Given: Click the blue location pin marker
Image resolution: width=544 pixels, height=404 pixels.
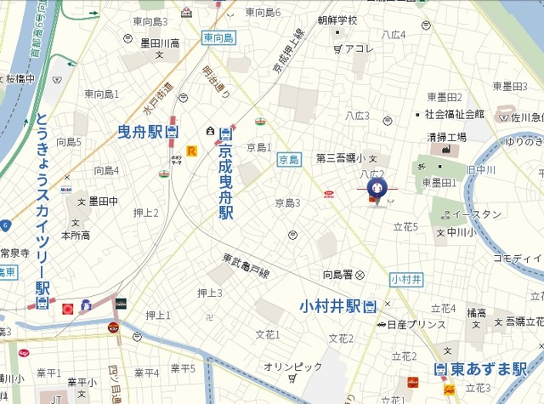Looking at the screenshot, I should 375,189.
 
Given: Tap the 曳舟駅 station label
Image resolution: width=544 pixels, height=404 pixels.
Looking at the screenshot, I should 140,132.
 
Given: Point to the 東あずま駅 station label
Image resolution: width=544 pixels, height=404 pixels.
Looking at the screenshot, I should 488,369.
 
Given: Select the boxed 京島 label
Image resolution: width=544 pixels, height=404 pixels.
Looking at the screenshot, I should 289,160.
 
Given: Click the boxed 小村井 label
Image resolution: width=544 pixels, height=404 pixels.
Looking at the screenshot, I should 406,279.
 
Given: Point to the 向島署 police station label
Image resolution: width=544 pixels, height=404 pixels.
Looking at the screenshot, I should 337,274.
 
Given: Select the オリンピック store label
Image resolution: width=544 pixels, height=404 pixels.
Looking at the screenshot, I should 293,367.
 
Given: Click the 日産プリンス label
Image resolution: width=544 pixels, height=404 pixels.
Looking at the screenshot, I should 416,325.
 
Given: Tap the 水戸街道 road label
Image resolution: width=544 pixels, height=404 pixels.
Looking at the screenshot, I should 157,97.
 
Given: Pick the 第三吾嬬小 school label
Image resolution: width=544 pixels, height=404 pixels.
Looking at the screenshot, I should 340,158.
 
